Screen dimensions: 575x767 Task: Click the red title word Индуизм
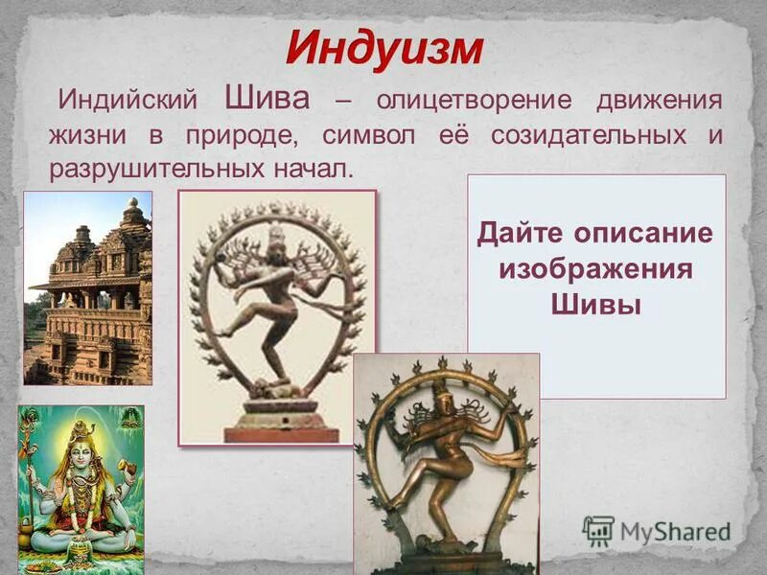click(x=383, y=48)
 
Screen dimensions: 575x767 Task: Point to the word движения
click(x=660, y=101)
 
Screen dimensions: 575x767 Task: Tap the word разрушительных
click(x=151, y=170)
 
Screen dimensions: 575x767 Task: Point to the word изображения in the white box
click(x=595, y=269)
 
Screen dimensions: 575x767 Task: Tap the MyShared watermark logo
click(x=659, y=530)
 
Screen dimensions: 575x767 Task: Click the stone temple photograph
click(x=88, y=287)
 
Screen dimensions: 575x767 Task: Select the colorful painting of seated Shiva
click(x=81, y=489)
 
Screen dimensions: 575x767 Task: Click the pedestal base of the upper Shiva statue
click(x=278, y=422)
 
